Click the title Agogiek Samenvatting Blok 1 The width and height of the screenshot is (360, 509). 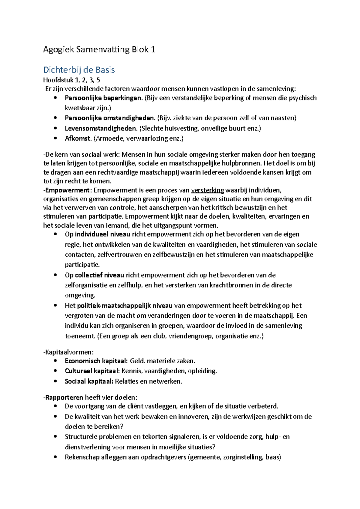click(99, 49)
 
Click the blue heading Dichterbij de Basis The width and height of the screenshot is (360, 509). click(79, 70)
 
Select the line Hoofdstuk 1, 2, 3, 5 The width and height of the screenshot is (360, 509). click(71, 80)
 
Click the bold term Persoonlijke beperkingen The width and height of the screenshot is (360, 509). click(103, 98)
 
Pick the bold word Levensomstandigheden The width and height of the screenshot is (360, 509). click(101, 129)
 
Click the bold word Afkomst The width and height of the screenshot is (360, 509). click(78, 138)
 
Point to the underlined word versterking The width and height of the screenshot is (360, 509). click(207, 190)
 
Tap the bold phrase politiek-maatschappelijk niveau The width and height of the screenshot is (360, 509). click(124, 306)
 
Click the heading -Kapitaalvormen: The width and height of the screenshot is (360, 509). click(68, 352)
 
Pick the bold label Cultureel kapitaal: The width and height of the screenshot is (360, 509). click(92, 371)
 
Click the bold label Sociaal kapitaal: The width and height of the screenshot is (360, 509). click(89, 382)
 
